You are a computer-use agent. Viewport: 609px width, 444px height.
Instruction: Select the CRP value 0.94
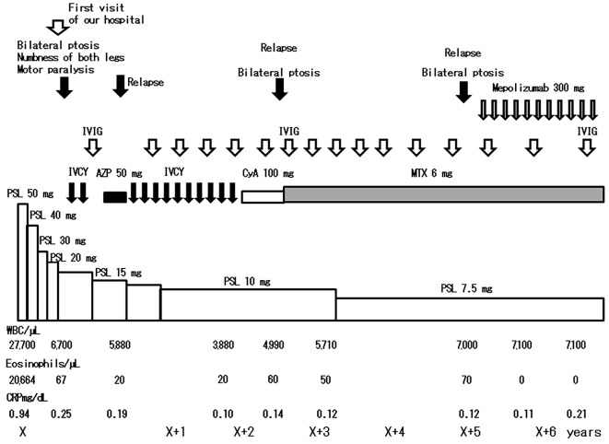tap(19, 415)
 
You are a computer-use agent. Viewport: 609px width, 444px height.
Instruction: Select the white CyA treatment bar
tap(263, 194)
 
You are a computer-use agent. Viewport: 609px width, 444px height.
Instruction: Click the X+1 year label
tap(176, 431)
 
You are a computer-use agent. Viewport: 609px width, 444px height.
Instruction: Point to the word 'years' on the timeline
tap(584, 431)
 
